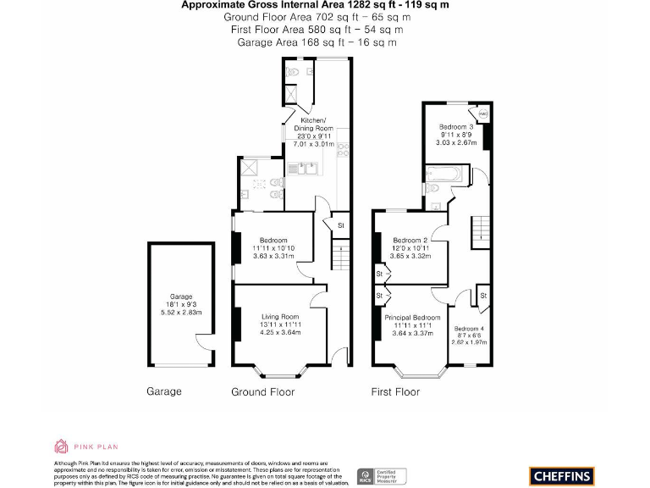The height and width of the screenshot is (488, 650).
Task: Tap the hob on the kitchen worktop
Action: (x=344, y=150)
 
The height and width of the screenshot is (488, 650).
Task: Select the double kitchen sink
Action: (x=306, y=168)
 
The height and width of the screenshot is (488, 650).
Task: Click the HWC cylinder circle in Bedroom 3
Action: (x=483, y=114)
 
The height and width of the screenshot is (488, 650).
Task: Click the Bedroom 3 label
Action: (x=457, y=126)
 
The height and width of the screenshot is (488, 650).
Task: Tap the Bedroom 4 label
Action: (x=469, y=328)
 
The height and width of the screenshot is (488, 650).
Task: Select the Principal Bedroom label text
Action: (x=413, y=317)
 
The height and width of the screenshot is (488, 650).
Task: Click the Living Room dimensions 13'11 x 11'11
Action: (x=280, y=324)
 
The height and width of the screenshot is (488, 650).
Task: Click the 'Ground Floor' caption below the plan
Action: (x=262, y=392)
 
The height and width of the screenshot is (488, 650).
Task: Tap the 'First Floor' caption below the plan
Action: (x=395, y=392)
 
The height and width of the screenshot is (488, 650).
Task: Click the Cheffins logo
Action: (x=561, y=476)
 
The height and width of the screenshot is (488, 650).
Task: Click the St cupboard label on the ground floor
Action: (x=341, y=225)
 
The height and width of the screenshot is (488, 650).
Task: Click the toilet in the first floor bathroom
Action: (x=431, y=188)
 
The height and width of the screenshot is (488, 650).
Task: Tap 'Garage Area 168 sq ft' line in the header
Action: (x=316, y=42)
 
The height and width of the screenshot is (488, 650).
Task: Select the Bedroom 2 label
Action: (x=409, y=240)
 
